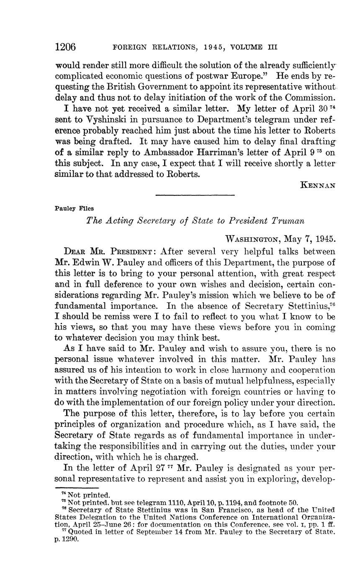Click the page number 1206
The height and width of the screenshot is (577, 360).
65,47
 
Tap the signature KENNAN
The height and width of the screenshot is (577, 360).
318,185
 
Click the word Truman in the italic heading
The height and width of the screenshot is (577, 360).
288,221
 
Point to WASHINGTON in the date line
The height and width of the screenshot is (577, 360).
252,239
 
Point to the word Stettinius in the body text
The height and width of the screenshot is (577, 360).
301,295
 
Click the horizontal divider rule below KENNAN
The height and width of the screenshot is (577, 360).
195,195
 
